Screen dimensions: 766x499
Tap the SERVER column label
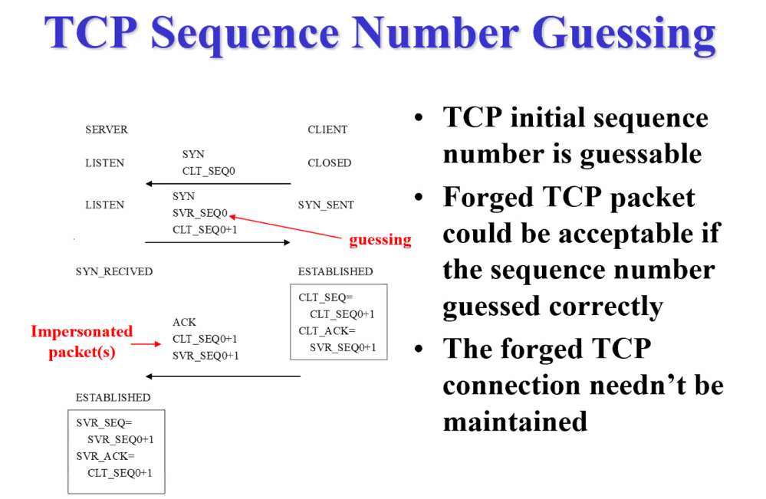[107, 130]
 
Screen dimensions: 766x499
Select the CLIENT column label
[327, 130]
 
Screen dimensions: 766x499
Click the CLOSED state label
[329, 163]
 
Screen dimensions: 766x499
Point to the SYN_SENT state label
[326, 205]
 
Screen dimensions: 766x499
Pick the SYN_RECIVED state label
[113, 271]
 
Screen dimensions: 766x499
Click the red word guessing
[380, 240]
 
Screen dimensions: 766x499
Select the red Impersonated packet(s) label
[81, 342]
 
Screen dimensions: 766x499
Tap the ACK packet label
[184, 323]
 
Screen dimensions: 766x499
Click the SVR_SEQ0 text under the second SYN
[200, 212]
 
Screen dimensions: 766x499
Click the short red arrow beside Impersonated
[146, 343]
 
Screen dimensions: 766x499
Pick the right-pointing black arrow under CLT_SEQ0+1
[218, 242]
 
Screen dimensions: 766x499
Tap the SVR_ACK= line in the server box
[105, 456]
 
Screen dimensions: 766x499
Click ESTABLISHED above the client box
[335, 271]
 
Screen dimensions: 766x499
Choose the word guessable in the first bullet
[640, 154]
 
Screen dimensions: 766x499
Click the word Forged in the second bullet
[487, 198]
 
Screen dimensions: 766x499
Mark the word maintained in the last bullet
[515, 421]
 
